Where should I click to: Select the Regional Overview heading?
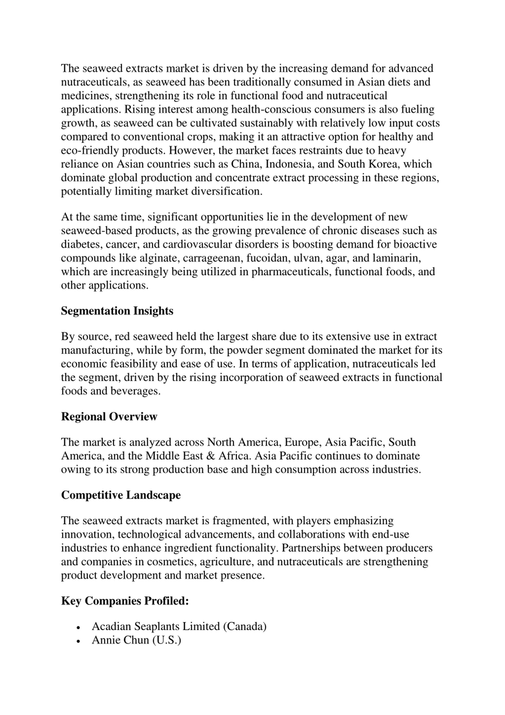[109, 417]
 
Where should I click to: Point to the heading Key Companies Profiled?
[125, 601]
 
